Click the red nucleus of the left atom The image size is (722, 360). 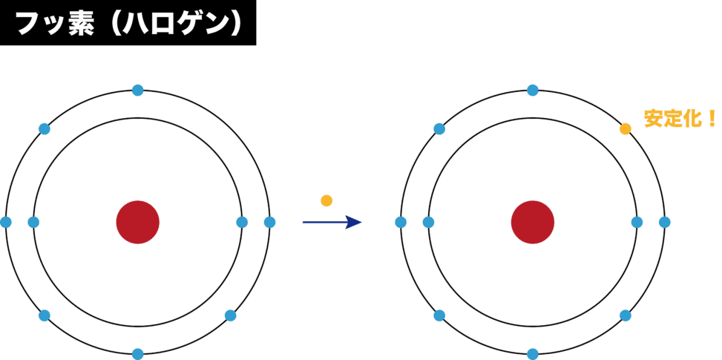coord(137,222)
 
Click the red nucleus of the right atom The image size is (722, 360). coord(532,222)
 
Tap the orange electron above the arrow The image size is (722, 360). coord(326,200)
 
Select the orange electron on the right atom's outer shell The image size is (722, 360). coord(626,129)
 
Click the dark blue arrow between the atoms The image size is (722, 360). coord(331,222)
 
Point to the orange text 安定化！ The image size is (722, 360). coord(680,119)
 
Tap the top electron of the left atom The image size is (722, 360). coord(137,90)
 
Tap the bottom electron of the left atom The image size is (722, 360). coord(137,354)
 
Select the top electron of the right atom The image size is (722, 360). coord(532,90)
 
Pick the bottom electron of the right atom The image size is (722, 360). coord(532,354)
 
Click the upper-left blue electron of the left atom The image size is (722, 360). coord(44,129)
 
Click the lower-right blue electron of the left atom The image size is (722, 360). coord(231,315)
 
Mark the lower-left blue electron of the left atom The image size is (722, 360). coord(44,315)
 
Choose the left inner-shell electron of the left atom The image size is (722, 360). coord(33,222)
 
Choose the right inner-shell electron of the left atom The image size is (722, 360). coord(242,222)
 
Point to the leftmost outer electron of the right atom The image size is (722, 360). coord(401,222)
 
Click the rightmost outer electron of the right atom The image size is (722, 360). coord(664,222)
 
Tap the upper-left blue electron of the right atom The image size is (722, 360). coord(439,129)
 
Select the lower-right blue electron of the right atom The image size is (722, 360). coord(626,315)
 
